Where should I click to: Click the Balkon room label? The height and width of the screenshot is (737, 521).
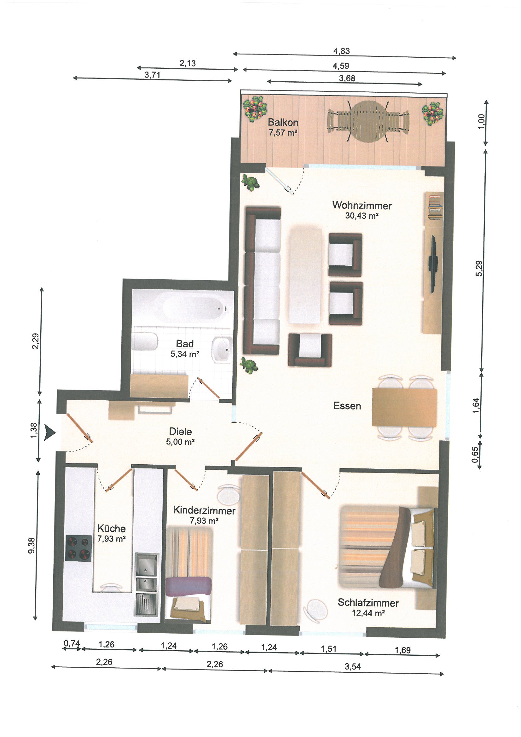283,122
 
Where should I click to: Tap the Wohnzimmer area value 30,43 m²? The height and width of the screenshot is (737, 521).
362,215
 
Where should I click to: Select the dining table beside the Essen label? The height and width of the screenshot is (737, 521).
404,407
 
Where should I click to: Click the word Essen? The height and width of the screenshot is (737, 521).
347,406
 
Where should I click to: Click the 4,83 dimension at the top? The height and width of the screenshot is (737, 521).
342,51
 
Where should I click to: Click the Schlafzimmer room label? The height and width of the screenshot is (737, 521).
368,603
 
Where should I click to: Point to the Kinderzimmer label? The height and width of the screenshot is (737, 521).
204,510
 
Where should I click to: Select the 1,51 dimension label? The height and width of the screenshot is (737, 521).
329,649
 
